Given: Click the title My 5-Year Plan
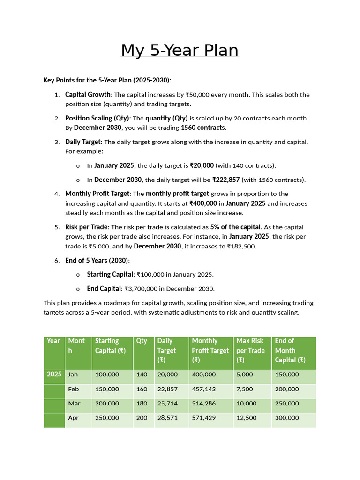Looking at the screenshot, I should tap(180, 50).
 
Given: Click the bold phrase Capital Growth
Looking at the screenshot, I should tap(88, 95).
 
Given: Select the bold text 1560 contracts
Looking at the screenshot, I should tap(203, 127).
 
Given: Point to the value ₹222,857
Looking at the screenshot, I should tap(226, 180).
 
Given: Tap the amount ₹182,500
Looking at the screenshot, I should tap(243, 246).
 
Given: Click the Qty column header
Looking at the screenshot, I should tap(142, 341).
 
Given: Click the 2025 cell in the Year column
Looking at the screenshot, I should tap(54, 375).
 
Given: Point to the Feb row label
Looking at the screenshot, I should tap(74, 389).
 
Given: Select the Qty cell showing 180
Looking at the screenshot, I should tap(142, 404).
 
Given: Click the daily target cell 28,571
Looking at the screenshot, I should tap(167, 418).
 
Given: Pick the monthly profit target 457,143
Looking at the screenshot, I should tap(204, 389).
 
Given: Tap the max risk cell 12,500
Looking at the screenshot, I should tap(247, 418).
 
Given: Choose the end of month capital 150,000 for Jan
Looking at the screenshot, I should tap(287, 375).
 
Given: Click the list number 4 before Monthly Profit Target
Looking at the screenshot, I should tap(57, 194).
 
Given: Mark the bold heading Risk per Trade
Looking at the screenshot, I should tap(86, 227).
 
